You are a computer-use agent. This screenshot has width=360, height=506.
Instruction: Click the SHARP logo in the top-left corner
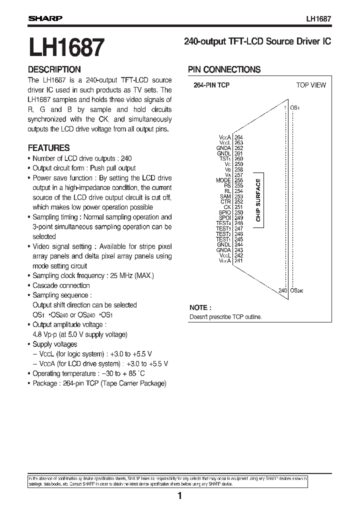click(44, 19)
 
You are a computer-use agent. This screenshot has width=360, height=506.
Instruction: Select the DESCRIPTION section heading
click(54, 70)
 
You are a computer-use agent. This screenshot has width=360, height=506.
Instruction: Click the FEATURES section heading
click(48, 148)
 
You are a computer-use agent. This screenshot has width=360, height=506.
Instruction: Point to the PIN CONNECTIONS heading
click(224, 70)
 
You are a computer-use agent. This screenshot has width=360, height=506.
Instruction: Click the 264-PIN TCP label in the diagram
click(211, 85)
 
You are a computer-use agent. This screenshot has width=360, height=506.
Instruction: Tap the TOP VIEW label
click(310, 85)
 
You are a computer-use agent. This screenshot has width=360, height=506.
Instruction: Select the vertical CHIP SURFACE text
click(258, 200)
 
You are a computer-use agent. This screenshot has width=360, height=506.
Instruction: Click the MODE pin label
click(223, 180)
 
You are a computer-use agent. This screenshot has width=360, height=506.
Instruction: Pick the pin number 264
click(238, 137)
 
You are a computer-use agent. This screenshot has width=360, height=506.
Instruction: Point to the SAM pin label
click(225, 196)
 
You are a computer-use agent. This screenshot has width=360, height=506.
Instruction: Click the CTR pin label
click(225, 201)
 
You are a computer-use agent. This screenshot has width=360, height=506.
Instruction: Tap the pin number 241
click(238, 260)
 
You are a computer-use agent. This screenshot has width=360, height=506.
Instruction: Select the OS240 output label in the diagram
click(297, 290)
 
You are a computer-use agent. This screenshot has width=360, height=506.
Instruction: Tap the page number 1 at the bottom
click(179, 496)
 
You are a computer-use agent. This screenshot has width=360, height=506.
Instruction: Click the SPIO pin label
click(224, 212)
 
